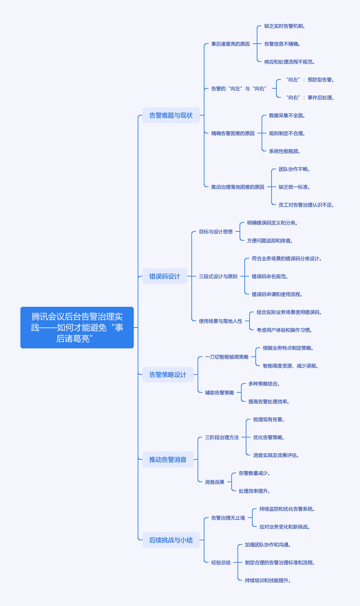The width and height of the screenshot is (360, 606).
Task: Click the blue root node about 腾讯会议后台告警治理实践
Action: point(77,327)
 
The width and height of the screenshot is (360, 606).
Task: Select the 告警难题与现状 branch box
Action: point(171,115)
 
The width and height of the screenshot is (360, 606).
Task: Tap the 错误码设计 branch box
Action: point(165,276)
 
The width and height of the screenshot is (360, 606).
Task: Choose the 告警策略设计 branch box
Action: point(168,375)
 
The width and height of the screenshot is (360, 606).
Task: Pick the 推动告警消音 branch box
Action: point(168,459)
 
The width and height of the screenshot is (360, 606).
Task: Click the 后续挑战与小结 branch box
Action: point(171,540)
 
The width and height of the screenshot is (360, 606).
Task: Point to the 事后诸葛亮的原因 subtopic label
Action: point(231,44)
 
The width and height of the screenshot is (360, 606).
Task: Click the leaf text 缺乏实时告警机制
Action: point(285,26)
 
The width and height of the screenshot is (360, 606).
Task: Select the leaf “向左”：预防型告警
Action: point(310,80)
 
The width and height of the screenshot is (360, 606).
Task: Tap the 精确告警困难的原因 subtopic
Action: point(233,133)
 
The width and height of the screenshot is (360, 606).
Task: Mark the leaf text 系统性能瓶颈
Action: point(285,151)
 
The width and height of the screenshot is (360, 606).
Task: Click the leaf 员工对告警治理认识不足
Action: point(306,205)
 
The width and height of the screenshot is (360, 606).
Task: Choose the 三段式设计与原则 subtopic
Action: point(218,277)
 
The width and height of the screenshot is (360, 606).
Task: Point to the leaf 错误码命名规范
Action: point(270,277)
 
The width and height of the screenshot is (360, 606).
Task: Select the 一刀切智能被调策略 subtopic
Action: point(227,357)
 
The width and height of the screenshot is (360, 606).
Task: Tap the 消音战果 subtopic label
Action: point(215,482)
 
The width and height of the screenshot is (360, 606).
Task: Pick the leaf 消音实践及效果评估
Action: point(276,455)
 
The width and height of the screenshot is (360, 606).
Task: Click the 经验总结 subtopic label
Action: point(221,563)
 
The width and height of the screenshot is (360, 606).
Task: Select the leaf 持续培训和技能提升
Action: point(268,581)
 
